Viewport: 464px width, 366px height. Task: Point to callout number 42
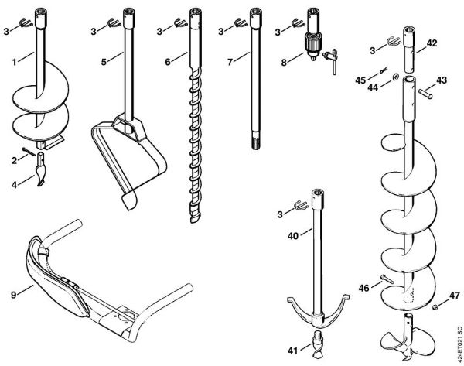[x=432, y=44]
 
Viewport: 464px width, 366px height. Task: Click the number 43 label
[x=442, y=80]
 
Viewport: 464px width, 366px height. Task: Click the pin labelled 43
[x=423, y=89]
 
